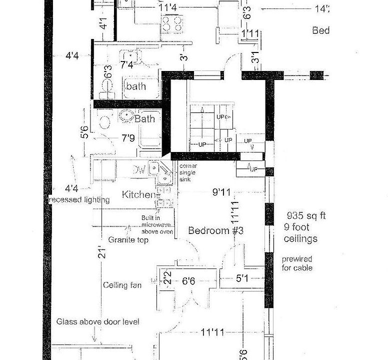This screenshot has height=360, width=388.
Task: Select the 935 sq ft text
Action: [x=306, y=216]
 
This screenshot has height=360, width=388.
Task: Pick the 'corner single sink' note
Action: [x=185, y=171]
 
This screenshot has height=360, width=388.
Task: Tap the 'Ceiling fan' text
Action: [x=122, y=285]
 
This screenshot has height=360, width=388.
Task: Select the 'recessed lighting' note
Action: [x=79, y=200]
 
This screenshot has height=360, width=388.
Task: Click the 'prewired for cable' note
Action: [x=296, y=263]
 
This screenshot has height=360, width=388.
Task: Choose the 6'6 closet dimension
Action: [x=188, y=282]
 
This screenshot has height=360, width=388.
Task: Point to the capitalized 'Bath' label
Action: [x=144, y=119]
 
